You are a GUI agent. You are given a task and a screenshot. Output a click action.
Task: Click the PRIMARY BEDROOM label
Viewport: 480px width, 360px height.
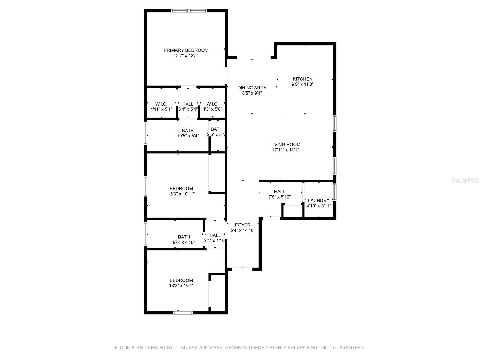pos(186,50)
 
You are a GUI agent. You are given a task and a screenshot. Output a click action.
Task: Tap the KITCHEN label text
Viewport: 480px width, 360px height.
pos(302,79)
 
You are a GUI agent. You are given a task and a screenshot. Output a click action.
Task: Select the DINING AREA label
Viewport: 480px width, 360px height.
pos(252,88)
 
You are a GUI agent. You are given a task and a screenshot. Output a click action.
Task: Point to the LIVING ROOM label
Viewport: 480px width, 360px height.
pos(285,144)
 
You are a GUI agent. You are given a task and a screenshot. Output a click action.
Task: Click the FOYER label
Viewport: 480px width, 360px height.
pos(243,225)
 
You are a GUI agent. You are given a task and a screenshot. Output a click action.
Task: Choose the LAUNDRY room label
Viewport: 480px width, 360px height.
pos(319,200)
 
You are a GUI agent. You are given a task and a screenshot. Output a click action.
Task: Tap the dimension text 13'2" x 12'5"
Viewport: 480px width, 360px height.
pos(186,55)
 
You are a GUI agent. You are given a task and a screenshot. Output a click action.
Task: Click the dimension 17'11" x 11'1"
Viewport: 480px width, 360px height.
pos(285,150)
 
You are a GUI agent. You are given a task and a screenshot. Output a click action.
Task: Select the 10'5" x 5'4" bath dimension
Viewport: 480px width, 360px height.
pos(188,136)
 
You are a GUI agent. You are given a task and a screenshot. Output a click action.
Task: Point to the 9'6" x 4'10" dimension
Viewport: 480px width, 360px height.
pos(184,242)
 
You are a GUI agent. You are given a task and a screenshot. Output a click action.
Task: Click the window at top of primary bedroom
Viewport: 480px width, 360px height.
pos(189,10)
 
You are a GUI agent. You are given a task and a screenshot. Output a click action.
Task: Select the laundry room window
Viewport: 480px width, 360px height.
pos(334,192)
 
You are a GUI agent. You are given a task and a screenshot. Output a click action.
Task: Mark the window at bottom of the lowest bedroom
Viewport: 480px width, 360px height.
pos(183,313)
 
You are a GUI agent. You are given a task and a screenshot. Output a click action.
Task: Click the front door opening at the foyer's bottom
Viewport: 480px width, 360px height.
pos(242,269)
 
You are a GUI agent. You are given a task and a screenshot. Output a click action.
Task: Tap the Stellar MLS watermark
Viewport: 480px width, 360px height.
pos(465,180)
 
